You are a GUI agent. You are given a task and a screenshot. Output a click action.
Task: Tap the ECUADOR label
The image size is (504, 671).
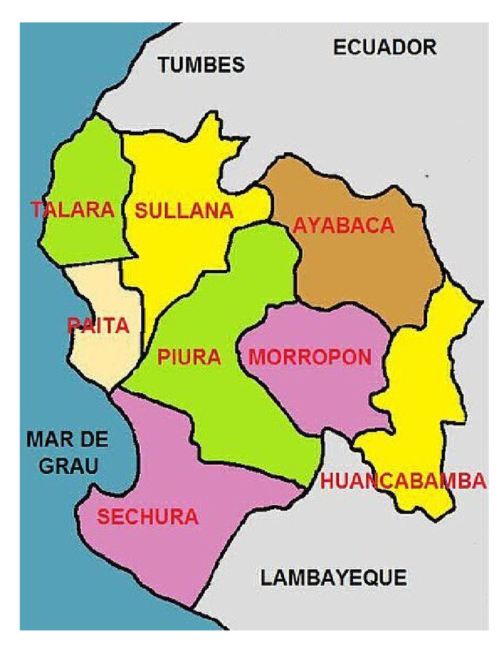point(385,47)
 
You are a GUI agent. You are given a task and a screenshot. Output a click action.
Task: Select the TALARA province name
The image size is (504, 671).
point(72,210)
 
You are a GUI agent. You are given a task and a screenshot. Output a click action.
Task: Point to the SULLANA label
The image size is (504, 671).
point(184,211)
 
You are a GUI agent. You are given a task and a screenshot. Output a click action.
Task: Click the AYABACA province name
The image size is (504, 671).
point(343,225)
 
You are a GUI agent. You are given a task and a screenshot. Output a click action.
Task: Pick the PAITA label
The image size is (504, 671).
point(98,326)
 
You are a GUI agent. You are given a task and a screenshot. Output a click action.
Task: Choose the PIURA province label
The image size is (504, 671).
point(189,357)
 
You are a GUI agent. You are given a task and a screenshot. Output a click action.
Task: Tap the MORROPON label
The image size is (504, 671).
point(310,357)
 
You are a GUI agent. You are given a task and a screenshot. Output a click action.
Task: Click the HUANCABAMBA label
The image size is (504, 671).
point(403,481)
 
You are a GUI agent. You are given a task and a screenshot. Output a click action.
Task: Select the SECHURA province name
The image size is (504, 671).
point(148,517)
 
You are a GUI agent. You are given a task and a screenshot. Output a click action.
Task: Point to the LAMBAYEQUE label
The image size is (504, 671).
point(333,578)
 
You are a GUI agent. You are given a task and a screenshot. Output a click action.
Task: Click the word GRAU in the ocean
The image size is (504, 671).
point(68,465)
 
